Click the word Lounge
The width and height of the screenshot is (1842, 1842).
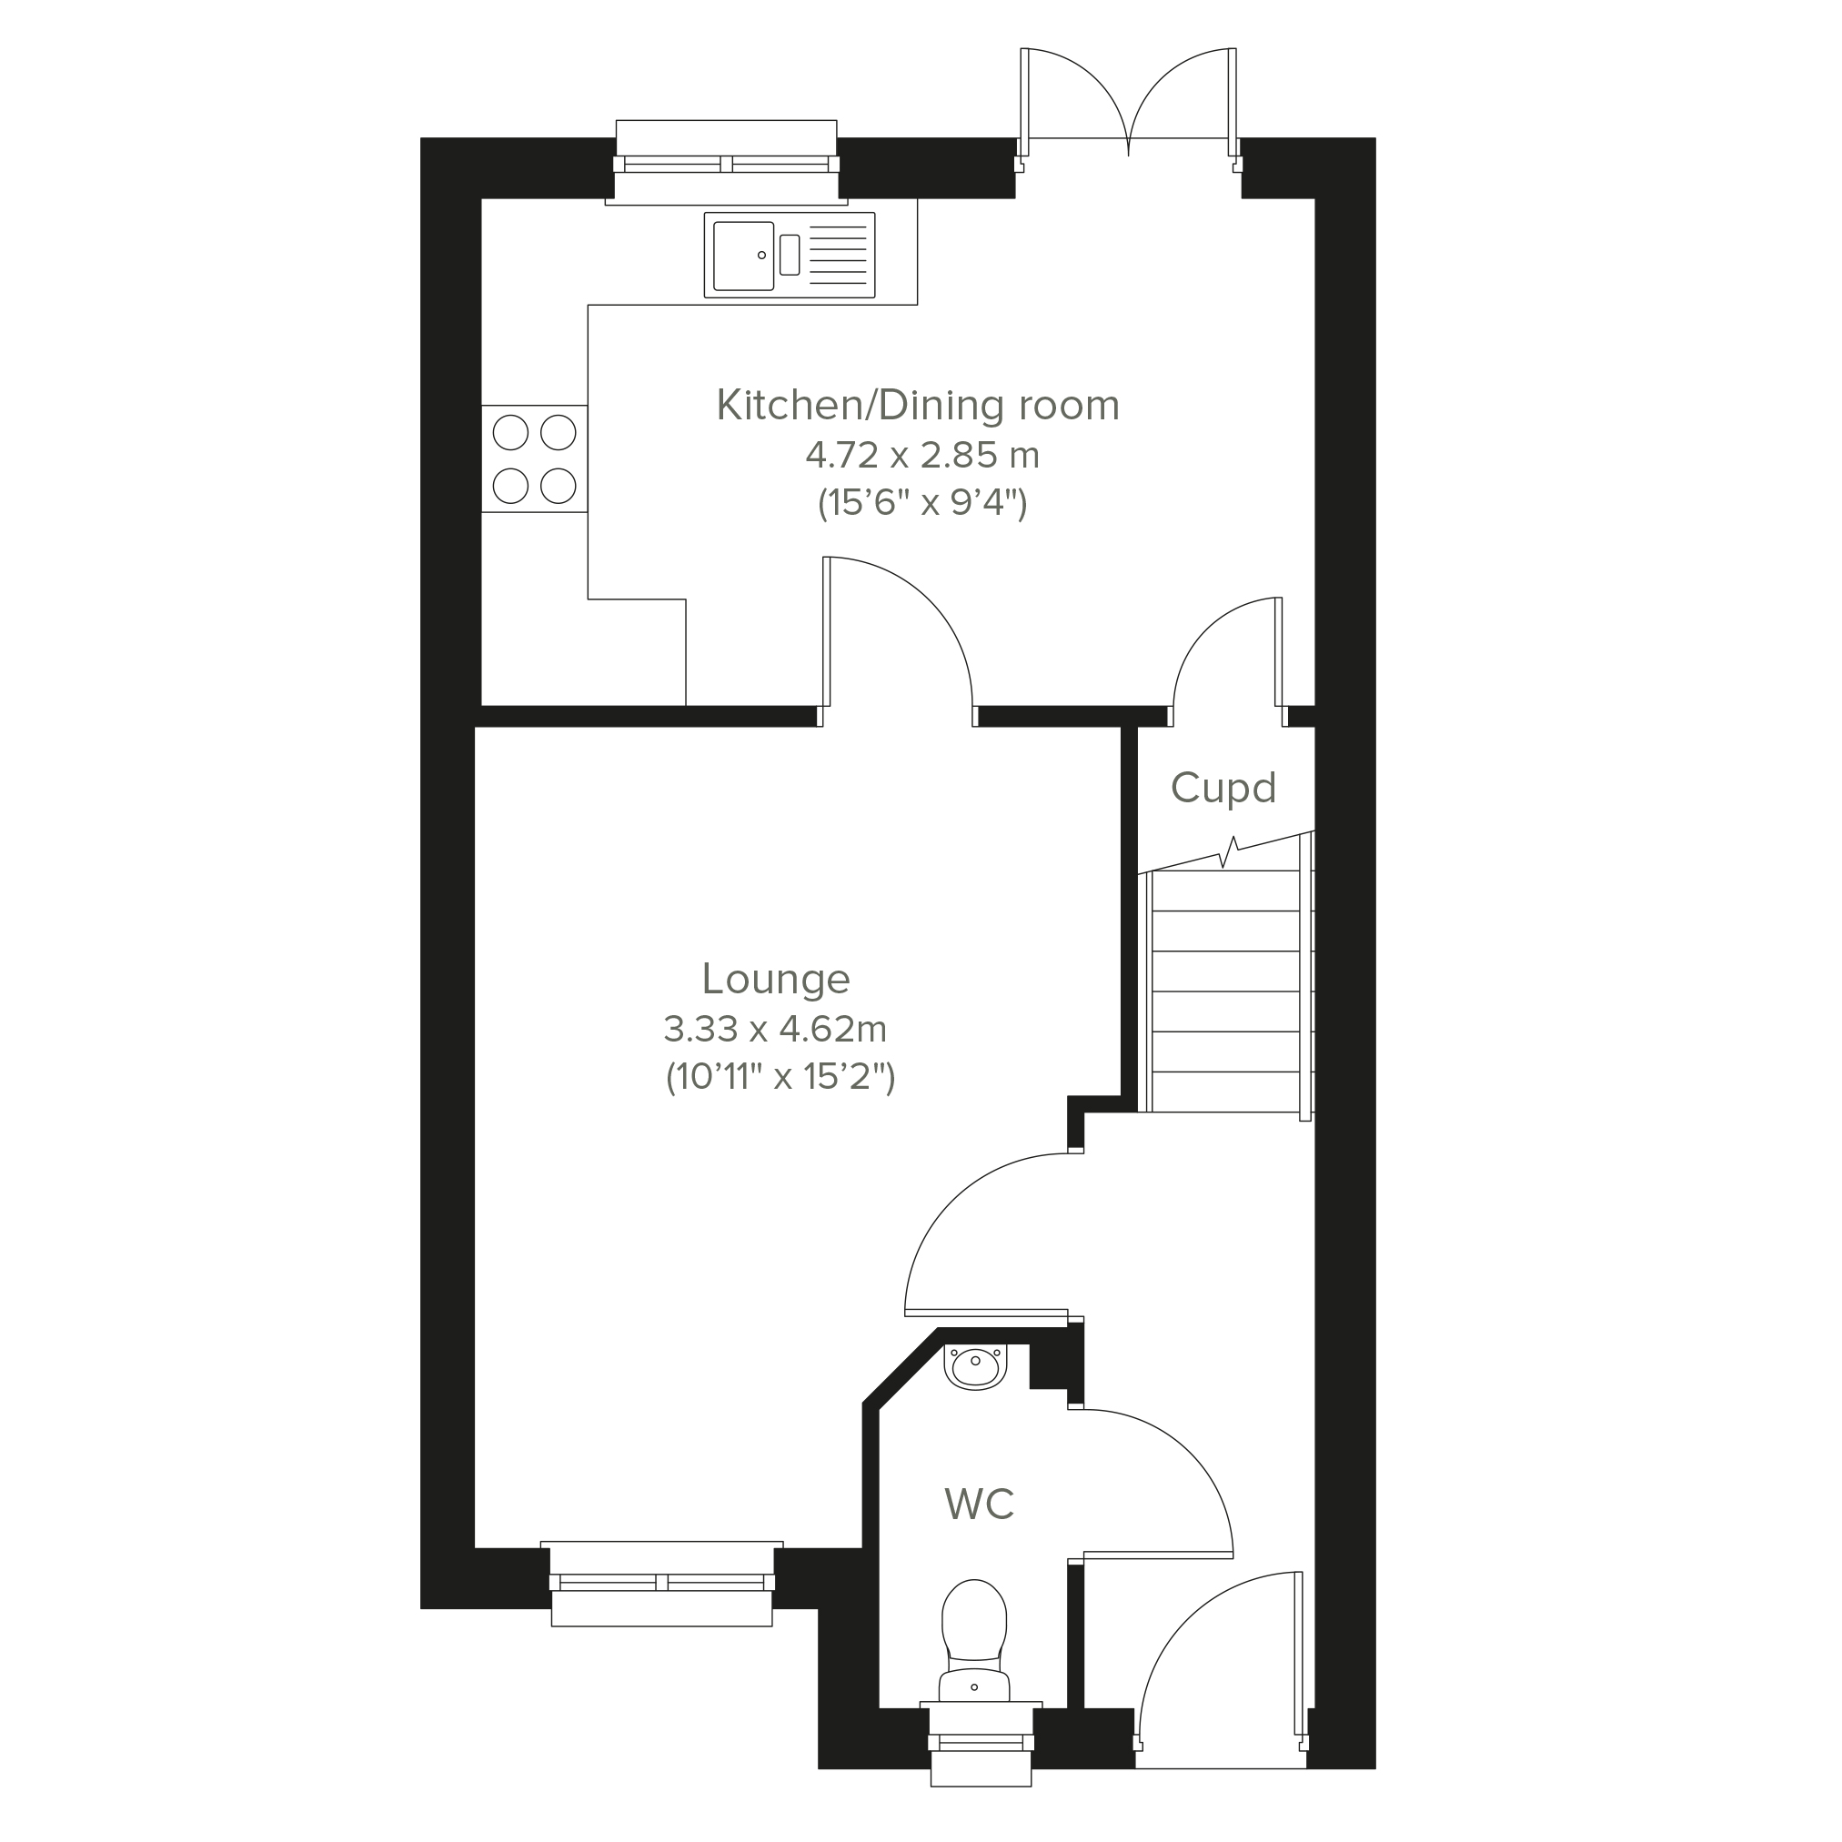coord(776,980)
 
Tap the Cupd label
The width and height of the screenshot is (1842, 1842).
coord(1223,789)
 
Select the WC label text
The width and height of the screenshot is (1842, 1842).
coord(979,1504)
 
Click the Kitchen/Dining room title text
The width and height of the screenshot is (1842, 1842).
coord(918,405)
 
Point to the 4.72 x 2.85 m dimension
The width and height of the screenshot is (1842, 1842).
coord(922,456)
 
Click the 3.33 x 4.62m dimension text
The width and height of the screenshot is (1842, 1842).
coord(775,1030)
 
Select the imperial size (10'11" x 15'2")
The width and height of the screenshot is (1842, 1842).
coord(780,1077)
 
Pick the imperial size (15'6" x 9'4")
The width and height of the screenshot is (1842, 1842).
coord(922,502)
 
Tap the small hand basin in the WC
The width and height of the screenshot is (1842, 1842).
coord(975,1366)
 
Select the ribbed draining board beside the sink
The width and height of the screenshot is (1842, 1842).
coord(838,256)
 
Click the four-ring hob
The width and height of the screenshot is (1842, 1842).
coord(534,459)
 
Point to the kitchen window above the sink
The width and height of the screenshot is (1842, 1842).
coord(727,163)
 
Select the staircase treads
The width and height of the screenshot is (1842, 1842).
coord(1226,991)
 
